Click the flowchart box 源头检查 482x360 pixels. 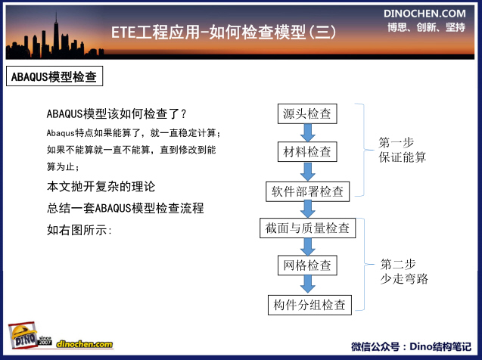[307, 113]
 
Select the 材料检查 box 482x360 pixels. [307, 151]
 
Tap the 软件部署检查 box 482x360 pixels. [307, 191]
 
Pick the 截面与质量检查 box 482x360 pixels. [307, 228]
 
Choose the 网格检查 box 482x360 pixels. [307, 265]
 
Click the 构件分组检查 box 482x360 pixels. [309, 305]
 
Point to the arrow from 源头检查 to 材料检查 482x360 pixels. [307, 132]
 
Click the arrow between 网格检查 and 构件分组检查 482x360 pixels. [307, 284]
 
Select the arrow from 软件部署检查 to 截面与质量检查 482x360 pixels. [307, 209]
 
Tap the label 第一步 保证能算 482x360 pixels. [402, 150]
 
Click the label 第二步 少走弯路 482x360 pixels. [404, 272]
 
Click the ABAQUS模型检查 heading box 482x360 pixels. [54, 76]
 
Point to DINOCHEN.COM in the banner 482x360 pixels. [424, 14]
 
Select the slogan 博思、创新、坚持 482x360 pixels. [426, 27]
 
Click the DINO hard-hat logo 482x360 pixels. [23, 335]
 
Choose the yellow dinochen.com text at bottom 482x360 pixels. [85, 344]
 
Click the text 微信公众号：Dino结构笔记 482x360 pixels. [412, 346]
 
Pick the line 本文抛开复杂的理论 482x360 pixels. [101, 187]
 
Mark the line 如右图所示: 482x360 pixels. [79, 230]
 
